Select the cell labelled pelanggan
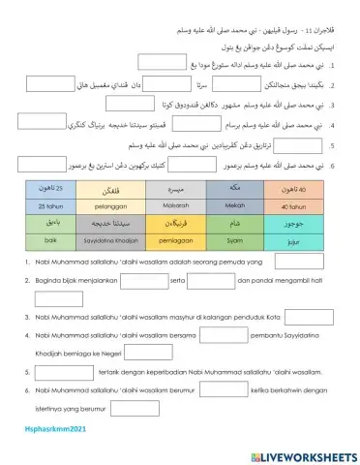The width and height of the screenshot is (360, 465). [115, 206]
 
